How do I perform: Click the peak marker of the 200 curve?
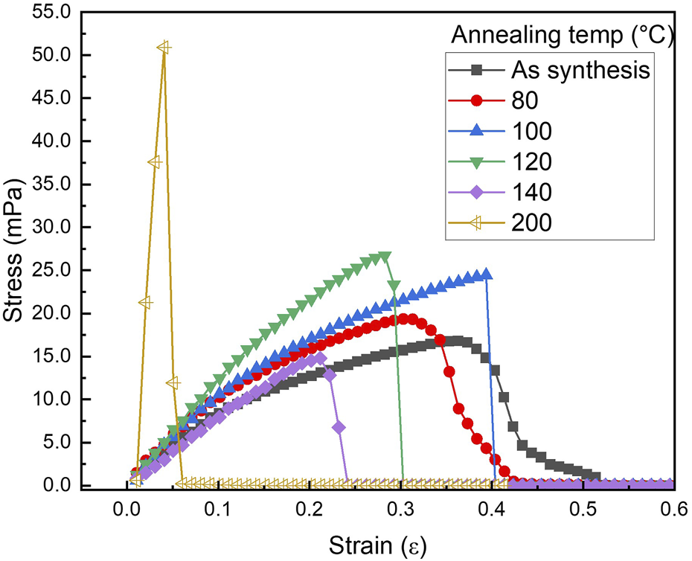coord(164,48)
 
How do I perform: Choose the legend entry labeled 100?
coord(533,131)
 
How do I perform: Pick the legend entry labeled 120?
coord(533,161)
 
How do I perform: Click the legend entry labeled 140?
coord(533,192)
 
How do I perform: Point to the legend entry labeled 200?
coord(533,222)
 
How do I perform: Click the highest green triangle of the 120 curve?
coord(385,257)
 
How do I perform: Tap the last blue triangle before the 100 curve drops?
coord(486,274)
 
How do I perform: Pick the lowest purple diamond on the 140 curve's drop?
coord(339,428)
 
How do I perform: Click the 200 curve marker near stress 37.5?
coord(155,162)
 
